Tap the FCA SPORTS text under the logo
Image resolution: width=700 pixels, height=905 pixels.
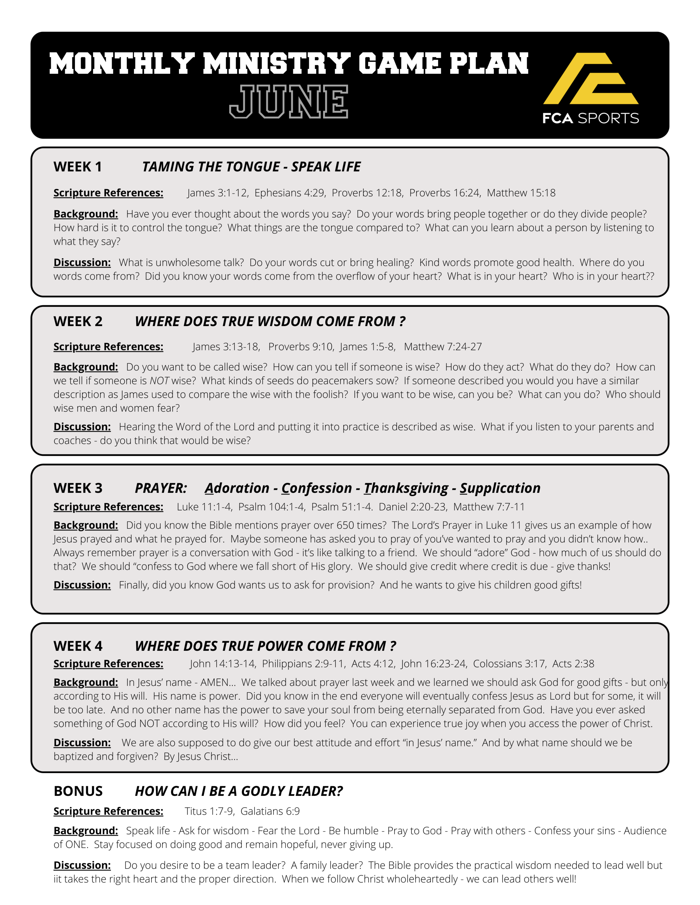(590, 118)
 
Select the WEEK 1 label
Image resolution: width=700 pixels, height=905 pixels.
(78, 167)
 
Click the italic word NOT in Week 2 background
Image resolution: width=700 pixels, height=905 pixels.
(159, 381)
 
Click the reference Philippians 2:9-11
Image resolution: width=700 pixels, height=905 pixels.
(303, 664)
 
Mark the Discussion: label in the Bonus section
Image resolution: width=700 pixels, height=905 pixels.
(82, 866)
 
